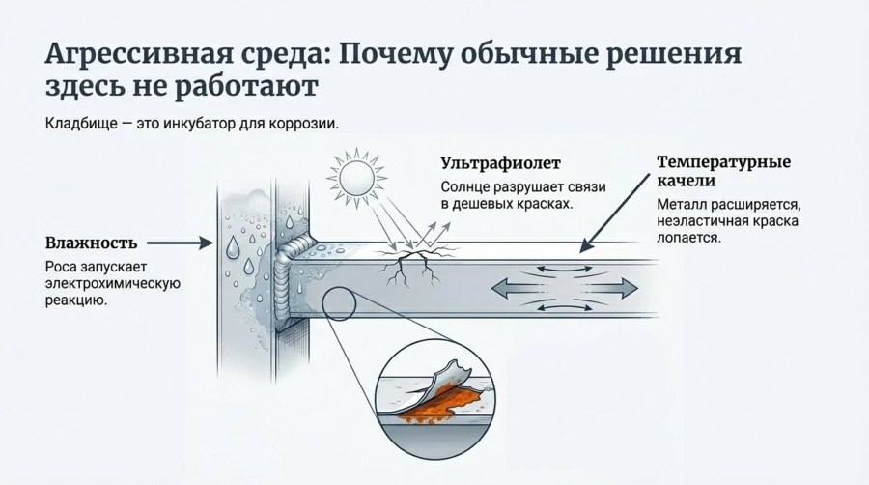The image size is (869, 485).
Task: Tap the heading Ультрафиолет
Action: click(x=499, y=164)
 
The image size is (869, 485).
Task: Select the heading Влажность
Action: click(x=91, y=242)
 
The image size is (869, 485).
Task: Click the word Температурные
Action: click(x=723, y=161)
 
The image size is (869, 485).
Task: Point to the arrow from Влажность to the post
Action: click(x=180, y=242)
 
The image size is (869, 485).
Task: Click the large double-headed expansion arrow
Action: click(x=565, y=287)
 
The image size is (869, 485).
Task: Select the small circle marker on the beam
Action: click(x=339, y=303)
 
